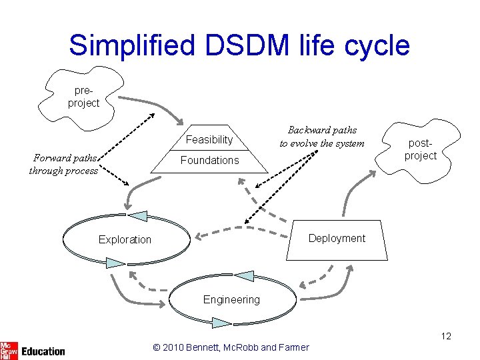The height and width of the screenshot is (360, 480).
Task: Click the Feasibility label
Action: pyautogui.click(x=209, y=139)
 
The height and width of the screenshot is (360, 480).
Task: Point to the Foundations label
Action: pyautogui.click(x=209, y=160)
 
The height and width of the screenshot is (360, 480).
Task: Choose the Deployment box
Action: pyautogui.click(x=337, y=239)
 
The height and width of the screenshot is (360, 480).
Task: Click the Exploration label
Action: pyautogui.click(x=125, y=239)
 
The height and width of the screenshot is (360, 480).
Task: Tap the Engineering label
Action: pyautogui.click(x=231, y=299)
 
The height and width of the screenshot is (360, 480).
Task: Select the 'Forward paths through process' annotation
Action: pyautogui.click(x=63, y=164)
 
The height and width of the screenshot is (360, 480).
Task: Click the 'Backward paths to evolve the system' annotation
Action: pyautogui.click(x=322, y=137)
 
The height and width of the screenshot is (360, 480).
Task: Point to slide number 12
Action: pyautogui.click(x=445, y=336)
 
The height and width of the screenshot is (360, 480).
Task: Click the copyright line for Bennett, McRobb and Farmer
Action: pyautogui.click(x=231, y=347)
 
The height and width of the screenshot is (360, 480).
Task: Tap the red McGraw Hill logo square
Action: pyautogui.click(x=9, y=351)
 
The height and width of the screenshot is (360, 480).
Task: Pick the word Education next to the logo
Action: pyautogui.click(x=43, y=351)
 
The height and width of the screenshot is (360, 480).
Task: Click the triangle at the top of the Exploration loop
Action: pyautogui.click(x=137, y=215)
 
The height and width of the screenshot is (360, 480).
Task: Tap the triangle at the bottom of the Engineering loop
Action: pyautogui.click(x=221, y=323)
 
